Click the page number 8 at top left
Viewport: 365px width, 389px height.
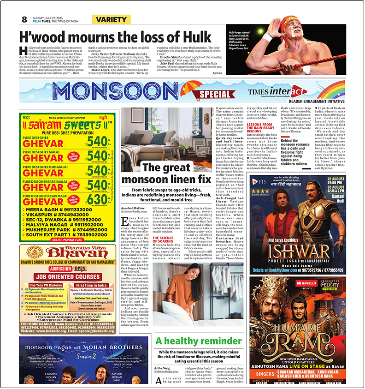(24, 19)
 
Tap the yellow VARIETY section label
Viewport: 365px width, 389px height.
(111, 19)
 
